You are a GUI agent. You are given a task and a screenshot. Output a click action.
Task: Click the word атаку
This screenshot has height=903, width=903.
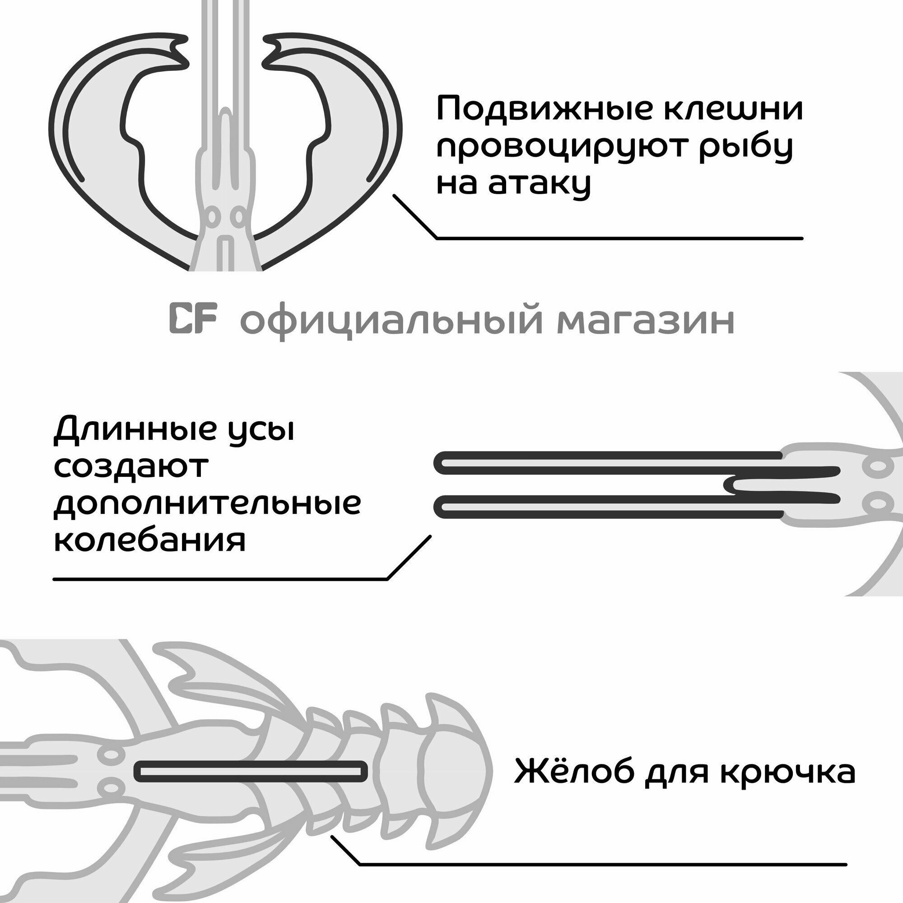click(540, 184)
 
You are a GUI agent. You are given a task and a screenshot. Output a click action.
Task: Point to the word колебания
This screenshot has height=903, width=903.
click(149, 541)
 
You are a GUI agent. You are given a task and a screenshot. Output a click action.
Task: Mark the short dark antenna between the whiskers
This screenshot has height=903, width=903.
click(785, 484)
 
